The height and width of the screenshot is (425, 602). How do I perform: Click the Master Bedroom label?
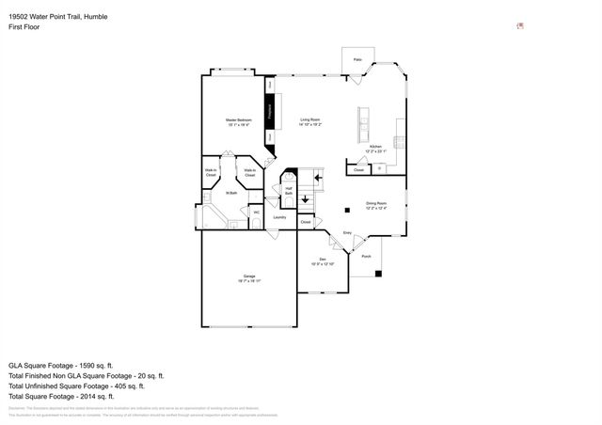236,120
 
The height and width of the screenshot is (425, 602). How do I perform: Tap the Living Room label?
310,120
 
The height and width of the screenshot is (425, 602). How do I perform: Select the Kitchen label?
375,148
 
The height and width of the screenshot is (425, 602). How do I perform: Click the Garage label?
249,276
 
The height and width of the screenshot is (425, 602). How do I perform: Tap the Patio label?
357,59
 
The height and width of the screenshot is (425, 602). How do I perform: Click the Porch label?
366,256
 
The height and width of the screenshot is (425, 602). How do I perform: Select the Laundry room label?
278,217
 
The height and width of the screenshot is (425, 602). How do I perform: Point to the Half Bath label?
289,191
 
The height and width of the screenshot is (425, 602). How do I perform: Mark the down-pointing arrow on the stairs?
305,198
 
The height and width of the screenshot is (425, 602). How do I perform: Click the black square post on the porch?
378,274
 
